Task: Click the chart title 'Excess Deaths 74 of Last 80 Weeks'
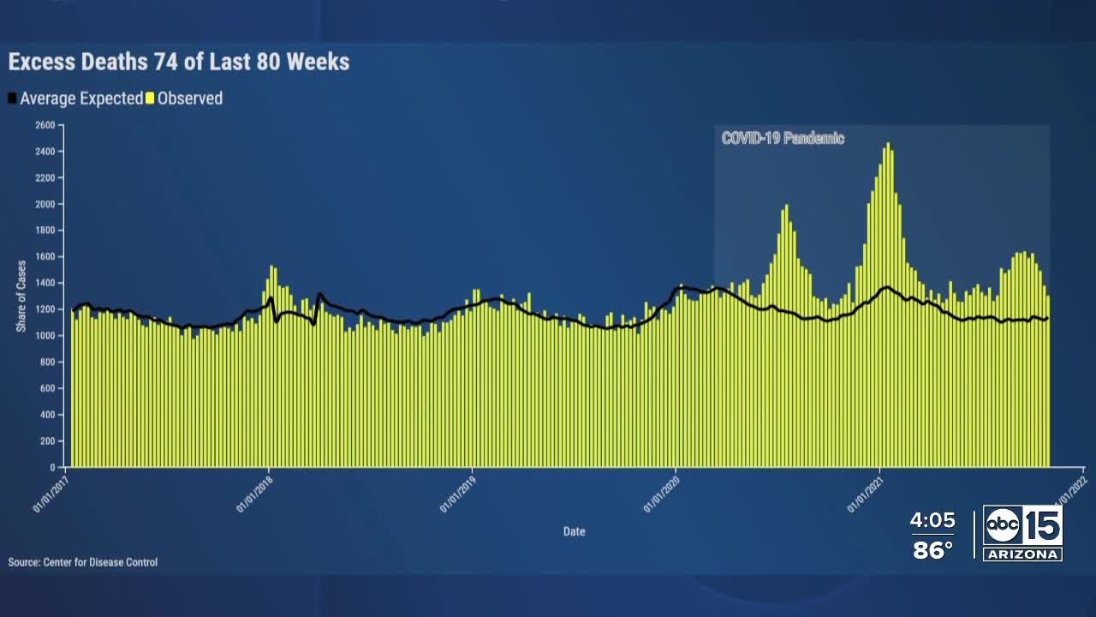click(x=179, y=62)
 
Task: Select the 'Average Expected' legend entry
click(x=80, y=99)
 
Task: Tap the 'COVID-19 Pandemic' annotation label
click(x=783, y=138)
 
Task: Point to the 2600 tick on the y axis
click(x=45, y=125)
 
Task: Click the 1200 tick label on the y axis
click(x=45, y=309)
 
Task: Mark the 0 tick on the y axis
click(x=51, y=467)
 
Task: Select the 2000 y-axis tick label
click(x=45, y=204)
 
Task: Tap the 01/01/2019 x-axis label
click(x=456, y=496)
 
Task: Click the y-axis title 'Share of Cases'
click(x=21, y=296)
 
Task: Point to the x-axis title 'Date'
click(x=574, y=531)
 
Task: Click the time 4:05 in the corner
click(x=932, y=520)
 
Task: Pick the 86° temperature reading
click(x=932, y=549)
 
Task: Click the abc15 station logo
click(x=1022, y=525)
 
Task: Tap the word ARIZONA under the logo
click(x=1022, y=554)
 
